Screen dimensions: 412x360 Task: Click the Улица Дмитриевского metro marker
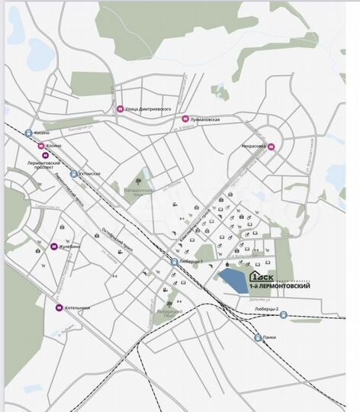point(119,109)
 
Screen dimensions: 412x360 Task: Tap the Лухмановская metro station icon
point(185,119)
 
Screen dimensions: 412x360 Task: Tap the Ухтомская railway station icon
point(73,173)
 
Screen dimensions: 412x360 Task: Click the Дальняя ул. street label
point(245,299)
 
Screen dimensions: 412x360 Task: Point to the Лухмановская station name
point(207,120)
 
